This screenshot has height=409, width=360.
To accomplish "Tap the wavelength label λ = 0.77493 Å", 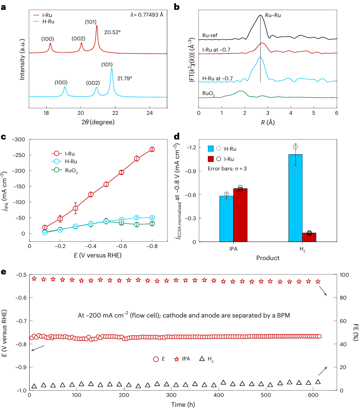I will (145, 15).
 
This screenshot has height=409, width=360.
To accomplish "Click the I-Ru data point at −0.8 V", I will (152, 149).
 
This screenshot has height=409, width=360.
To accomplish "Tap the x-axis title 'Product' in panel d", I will (268, 258).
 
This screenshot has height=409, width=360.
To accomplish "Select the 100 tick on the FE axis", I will (343, 275).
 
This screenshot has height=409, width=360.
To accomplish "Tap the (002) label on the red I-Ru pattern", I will (79, 39).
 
